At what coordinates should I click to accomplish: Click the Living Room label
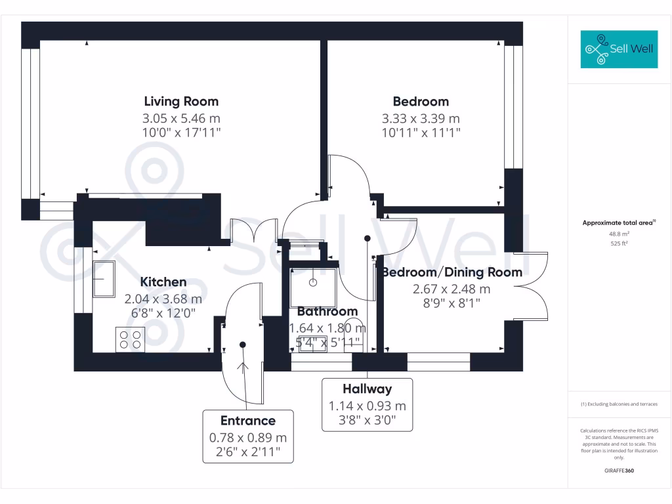(x=181, y=101)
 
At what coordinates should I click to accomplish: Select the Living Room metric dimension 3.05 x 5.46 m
(x=181, y=119)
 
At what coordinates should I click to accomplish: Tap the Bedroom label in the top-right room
(x=421, y=101)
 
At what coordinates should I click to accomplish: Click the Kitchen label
(x=163, y=282)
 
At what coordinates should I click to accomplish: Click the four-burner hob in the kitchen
(x=130, y=339)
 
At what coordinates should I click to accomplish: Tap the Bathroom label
(x=327, y=311)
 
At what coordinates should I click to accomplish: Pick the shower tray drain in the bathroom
(x=314, y=283)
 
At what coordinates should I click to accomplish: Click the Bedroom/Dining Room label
(x=452, y=272)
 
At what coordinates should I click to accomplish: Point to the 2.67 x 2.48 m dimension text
(x=452, y=289)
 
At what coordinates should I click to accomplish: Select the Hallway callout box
(x=367, y=404)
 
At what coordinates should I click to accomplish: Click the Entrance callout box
(x=247, y=436)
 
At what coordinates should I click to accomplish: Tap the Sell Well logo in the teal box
(x=619, y=49)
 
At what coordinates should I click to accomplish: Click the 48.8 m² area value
(x=619, y=234)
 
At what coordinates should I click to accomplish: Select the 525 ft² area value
(x=619, y=243)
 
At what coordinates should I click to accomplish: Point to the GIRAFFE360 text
(x=619, y=471)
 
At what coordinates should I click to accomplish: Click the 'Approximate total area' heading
(x=618, y=223)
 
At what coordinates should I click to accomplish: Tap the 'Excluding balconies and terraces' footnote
(x=619, y=404)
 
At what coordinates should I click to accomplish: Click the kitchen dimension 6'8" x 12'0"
(x=163, y=314)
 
